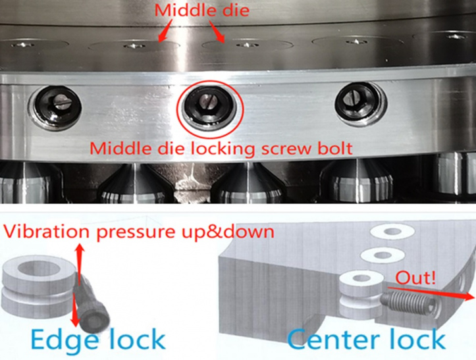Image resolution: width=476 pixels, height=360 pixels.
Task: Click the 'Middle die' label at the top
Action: tap(202, 10)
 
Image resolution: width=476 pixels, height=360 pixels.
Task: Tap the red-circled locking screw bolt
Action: tap(209, 107)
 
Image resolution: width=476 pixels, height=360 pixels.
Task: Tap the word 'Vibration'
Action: tap(47, 232)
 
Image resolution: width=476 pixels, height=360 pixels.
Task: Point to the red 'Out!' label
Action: tap(415, 278)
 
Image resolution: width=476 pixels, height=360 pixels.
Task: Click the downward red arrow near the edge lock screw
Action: tap(74, 309)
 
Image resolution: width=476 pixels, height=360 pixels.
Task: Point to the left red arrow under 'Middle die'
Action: tap(165, 30)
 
